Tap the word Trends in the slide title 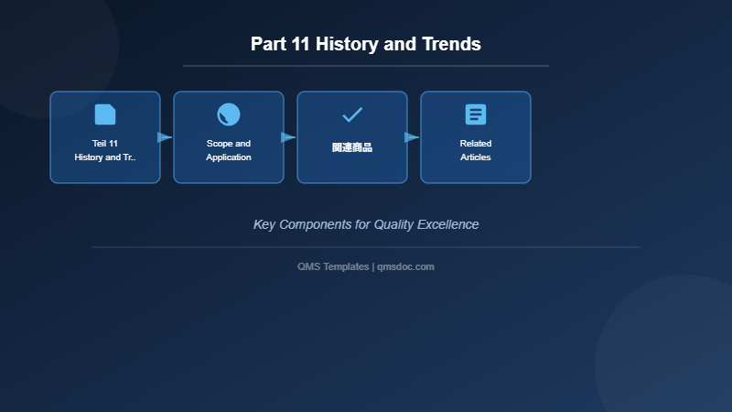[451, 44]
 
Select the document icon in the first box [105, 114]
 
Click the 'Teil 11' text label [105, 144]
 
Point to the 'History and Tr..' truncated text [105, 157]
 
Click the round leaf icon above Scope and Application [229, 114]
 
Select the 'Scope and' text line [229, 144]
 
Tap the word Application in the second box [229, 157]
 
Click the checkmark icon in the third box [352, 114]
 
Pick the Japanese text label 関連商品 [352, 147]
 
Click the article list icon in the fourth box [476, 114]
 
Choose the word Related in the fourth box [476, 144]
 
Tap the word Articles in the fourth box [476, 157]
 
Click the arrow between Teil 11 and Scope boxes [165, 137]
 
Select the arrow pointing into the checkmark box [288, 137]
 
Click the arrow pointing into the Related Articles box [412, 137]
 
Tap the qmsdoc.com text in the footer [405, 266]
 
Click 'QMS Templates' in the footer [333, 266]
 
